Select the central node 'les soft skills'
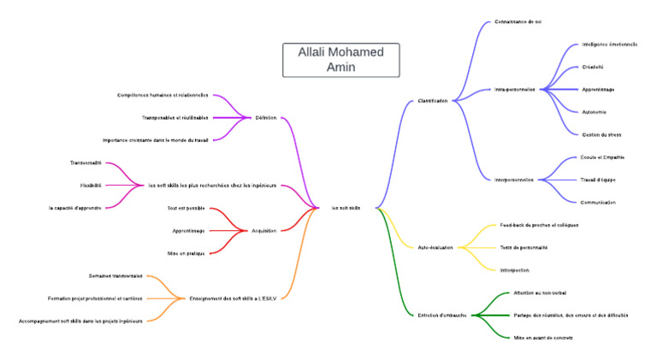coord(346,208)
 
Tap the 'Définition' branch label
coord(266,118)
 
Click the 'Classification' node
coord(433,101)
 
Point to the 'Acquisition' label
coord(263,230)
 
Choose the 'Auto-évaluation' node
coord(435,247)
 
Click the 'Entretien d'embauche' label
coord(442,316)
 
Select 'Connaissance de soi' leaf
coord(518,21)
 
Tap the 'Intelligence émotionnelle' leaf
coord(609,44)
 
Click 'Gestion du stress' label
coord(601,134)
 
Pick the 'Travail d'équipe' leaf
coord(598,180)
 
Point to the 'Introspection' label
coord(514,270)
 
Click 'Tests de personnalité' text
coord(524,247)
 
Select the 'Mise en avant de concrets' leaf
coord(543,338)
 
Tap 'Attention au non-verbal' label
coord(540,292)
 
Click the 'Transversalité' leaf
coord(86,162)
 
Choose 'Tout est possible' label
coord(186,208)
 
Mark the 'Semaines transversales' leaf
coord(115,275)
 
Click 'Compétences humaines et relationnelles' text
coord(163,95)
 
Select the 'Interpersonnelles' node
coord(514,180)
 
